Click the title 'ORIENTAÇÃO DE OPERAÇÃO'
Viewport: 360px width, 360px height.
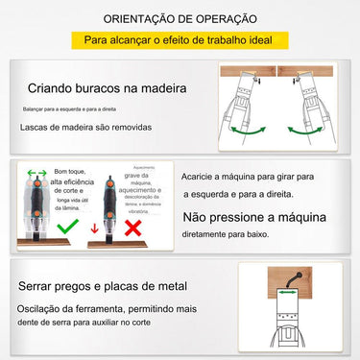coord(179,17)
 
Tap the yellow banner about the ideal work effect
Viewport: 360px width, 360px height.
coord(180,42)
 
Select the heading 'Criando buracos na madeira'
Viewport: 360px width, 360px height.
coord(107,87)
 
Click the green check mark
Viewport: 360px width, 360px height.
coord(68,227)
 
